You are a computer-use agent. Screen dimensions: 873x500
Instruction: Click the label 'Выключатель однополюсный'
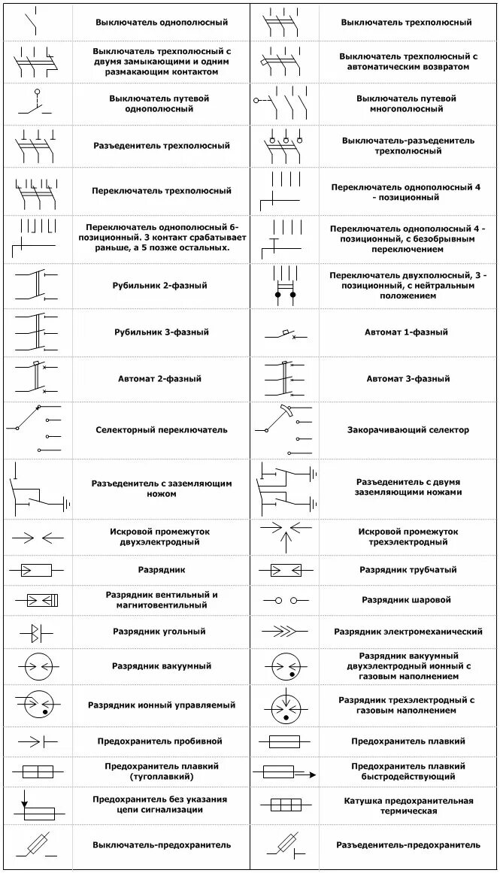click(x=161, y=23)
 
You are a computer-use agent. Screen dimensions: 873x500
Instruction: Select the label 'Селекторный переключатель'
click(x=161, y=430)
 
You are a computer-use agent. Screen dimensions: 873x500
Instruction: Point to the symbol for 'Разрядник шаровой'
click(x=284, y=600)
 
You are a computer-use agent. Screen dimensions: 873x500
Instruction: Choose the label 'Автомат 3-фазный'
click(x=408, y=379)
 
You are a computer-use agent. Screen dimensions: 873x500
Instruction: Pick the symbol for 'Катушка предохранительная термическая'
click(x=284, y=805)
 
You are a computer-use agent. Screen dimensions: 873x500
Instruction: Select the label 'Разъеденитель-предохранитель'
click(x=408, y=845)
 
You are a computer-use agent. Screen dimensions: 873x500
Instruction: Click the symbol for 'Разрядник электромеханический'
click(x=284, y=632)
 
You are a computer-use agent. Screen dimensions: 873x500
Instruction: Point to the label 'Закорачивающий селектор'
click(x=408, y=430)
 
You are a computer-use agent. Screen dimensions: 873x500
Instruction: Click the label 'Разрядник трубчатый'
click(x=408, y=570)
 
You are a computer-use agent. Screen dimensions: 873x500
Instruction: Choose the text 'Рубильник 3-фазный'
click(x=161, y=332)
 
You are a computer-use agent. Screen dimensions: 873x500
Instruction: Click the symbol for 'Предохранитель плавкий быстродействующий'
click(x=284, y=771)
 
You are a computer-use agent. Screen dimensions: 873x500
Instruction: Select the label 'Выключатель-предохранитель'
click(x=162, y=845)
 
